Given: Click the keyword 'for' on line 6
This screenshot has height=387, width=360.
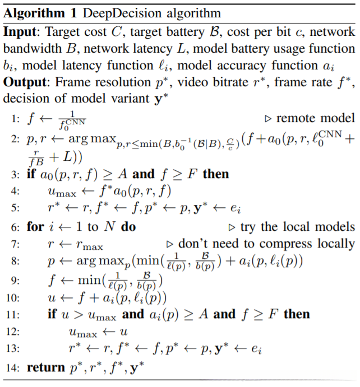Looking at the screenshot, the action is coord(35,227).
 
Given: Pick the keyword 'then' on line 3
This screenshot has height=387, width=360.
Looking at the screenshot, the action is coord(216,174).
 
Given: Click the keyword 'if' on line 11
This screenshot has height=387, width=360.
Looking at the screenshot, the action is coord(52,314).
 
